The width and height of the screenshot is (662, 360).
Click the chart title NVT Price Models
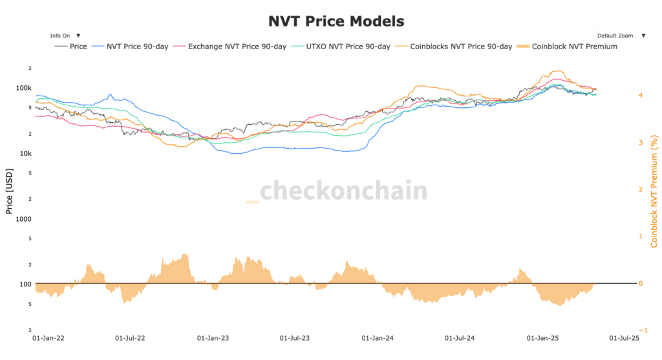tap(336, 21)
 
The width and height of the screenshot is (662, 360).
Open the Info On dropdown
tap(65, 36)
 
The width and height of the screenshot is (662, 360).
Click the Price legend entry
tap(71, 47)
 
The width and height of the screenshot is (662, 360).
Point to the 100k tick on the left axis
tap(23, 88)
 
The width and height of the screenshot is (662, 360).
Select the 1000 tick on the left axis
tap(24, 219)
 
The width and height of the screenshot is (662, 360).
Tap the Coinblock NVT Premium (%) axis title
tap(654, 191)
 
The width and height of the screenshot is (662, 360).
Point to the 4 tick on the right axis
tap(641, 95)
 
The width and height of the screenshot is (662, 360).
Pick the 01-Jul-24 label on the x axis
tap(460, 337)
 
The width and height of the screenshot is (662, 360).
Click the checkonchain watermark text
tap(343, 191)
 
